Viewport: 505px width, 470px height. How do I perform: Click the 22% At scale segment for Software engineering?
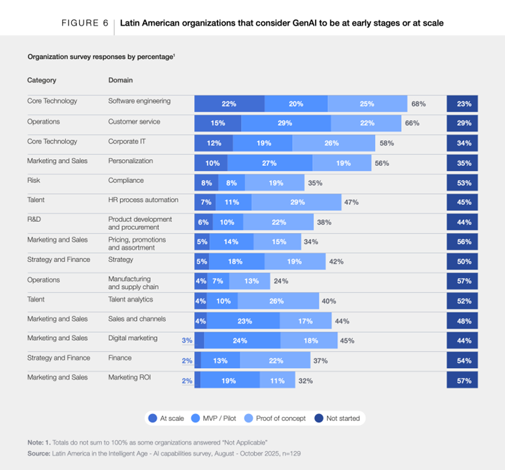coord(229,104)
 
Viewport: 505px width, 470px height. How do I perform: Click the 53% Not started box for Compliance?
coord(464,183)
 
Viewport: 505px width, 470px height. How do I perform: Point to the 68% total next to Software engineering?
coord(419,104)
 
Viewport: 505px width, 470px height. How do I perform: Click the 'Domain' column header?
coord(120,80)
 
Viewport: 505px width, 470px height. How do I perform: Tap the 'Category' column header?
coord(41,80)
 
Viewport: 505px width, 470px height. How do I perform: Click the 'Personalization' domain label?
coord(131,161)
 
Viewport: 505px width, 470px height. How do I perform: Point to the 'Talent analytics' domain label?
coord(131,299)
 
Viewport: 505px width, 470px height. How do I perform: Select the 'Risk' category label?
coord(33,180)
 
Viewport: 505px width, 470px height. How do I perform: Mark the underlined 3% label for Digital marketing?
coord(187,340)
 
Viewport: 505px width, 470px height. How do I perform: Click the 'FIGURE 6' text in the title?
coord(85,23)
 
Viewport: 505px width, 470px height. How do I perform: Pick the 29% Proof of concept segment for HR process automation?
coord(297,202)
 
